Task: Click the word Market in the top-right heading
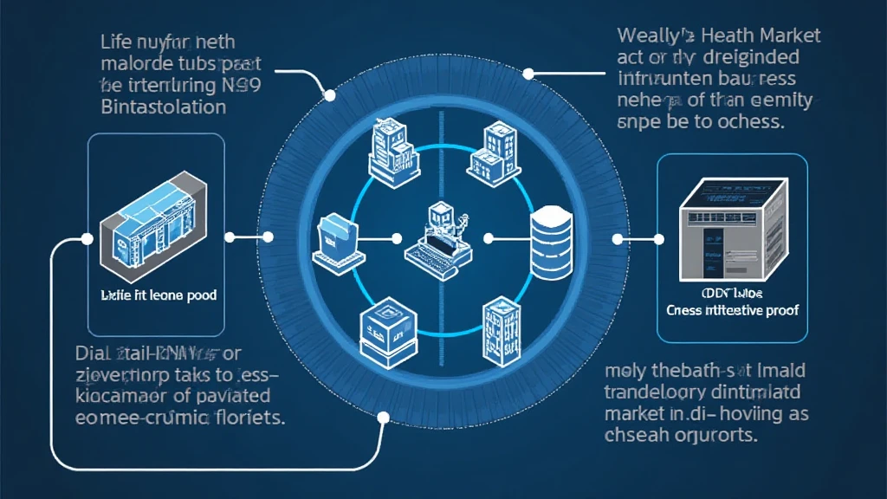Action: [x=786, y=36]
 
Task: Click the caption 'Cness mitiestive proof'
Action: [x=733, y=310]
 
